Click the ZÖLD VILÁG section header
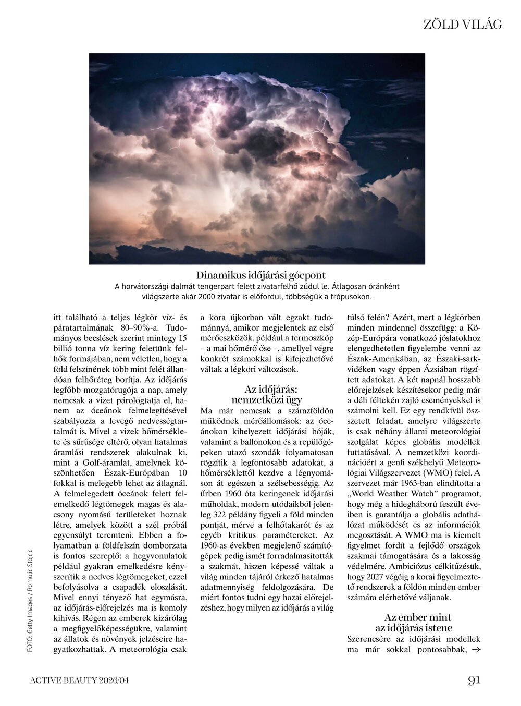(462, 25)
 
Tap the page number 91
(474, 680)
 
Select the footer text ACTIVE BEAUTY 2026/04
(79, 680)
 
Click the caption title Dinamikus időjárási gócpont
(261, 275)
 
